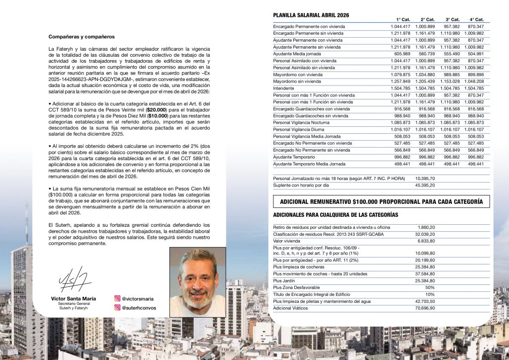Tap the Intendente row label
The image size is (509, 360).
[285, 88]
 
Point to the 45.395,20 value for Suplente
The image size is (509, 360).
[424, 185]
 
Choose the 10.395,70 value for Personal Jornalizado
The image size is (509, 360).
[424, 178]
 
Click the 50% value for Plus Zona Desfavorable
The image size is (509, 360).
[430, 287]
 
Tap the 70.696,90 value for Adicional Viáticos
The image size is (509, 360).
[424, 308]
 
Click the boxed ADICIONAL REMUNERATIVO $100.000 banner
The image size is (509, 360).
[381, 202]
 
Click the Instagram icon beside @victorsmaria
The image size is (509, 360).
[118, 299]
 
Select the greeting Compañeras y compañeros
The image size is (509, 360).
[82, 37]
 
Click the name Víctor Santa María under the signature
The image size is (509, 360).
[74, 298]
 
